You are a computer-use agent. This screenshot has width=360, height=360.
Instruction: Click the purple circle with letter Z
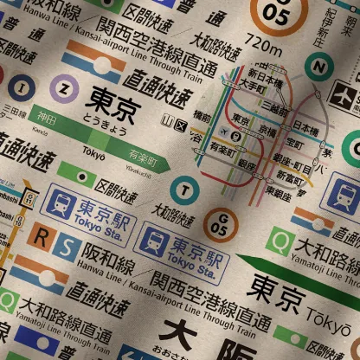tap(62, 87)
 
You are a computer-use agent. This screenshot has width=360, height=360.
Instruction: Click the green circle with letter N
tap(320, 66)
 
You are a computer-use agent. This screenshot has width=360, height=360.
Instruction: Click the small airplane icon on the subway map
tap(227, 132)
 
